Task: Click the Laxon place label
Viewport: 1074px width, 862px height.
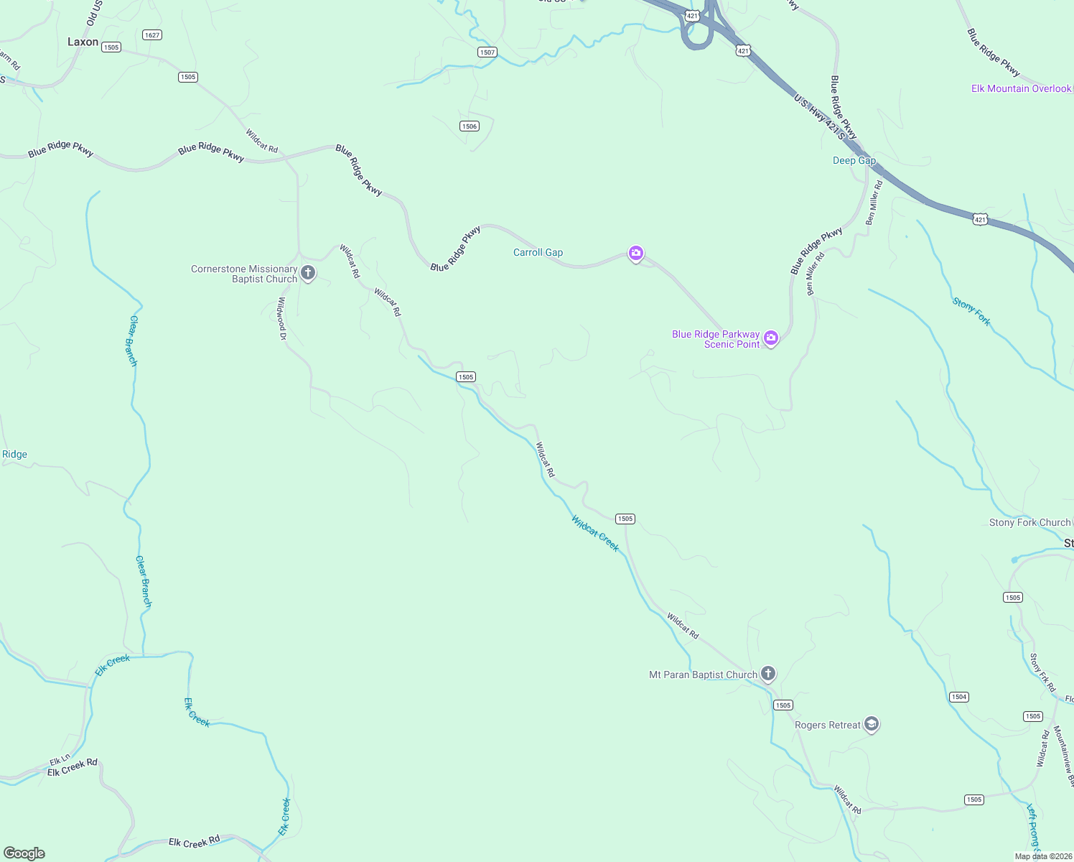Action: [83, 42]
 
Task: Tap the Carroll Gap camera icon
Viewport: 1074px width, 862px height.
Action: [635, 253]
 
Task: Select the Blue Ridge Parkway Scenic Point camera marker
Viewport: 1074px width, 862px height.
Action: [770, 338]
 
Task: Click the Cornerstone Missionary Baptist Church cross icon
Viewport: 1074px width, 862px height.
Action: [308, 273]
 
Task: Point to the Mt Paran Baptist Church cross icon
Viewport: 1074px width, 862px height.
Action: [768, 674]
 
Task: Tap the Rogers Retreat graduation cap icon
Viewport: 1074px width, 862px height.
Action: [872, 724]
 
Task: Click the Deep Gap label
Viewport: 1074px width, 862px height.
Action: [854, 161]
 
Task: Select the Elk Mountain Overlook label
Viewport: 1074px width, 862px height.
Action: [1021, 89]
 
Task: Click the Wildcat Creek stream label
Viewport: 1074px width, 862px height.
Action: [595, 533]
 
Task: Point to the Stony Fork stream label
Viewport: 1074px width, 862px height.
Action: [971, 312]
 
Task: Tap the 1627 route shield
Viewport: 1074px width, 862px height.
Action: [152, 35]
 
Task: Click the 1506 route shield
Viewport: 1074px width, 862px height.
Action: [469, 126]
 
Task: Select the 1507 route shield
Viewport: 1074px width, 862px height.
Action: [487, 52]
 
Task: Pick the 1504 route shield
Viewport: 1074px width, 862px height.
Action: [959, 697]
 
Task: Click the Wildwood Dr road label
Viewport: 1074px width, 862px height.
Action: [282, 318]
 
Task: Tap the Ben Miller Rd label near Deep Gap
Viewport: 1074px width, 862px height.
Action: [874, 203]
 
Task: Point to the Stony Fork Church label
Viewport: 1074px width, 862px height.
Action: [1029, 523]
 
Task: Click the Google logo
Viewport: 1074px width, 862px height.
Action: [24, 853]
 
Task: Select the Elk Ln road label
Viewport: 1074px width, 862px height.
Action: [60, 759]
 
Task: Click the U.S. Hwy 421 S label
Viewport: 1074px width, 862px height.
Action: [819, 116]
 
